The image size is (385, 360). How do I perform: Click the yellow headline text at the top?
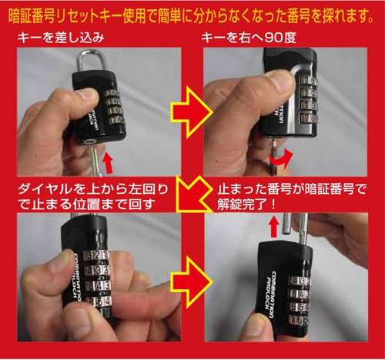(191, 16)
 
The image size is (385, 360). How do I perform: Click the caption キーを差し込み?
(61, 38)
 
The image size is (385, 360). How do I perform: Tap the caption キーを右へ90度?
(249, 38)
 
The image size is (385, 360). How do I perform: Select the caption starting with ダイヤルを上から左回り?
(93, 196)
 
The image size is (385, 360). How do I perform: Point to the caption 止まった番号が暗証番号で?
(292, 189)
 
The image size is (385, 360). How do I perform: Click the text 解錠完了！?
(246, 205)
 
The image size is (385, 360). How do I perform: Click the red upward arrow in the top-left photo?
(108, 163)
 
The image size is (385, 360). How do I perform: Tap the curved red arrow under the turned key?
(280, 160)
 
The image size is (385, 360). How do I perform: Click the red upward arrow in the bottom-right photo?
(274, 226)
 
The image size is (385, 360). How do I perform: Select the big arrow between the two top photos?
(192, 112)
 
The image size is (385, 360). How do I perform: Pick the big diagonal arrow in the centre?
(194, 194)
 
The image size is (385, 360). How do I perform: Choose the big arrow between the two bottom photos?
(192, 282)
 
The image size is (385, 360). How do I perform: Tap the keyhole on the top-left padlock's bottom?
(89, 142)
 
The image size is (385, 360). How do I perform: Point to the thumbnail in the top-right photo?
(283, 82)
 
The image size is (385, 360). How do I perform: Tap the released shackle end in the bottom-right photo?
(286, 224)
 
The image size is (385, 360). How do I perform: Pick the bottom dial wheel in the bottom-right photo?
(299, 321)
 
